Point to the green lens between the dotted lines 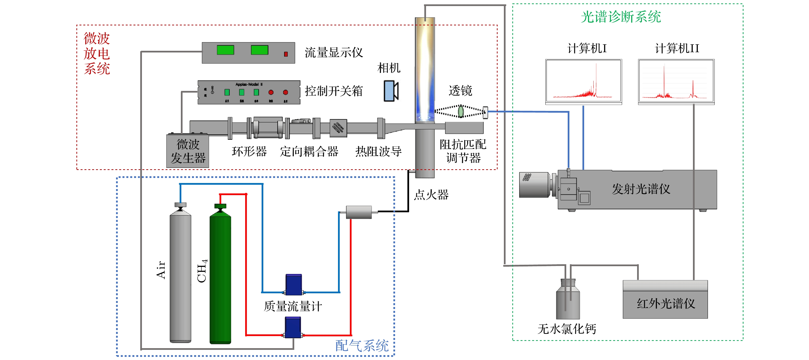(x=461, y=111)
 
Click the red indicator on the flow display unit (x=286, y=54)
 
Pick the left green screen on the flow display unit (x=225, y=50)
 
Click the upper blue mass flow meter (x=294, y=284)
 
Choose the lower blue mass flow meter (x=293, y=327)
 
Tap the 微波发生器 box (x=187, y=151)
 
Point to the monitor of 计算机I (x=583, y=81)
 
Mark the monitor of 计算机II (x=676, y=81)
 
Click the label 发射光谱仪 (x=641, y=189)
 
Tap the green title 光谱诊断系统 (x=621, y=17)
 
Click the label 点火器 (x=431, y=195)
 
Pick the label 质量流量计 (x=293, y=306)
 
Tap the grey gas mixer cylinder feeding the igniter (x=359, y=212)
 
